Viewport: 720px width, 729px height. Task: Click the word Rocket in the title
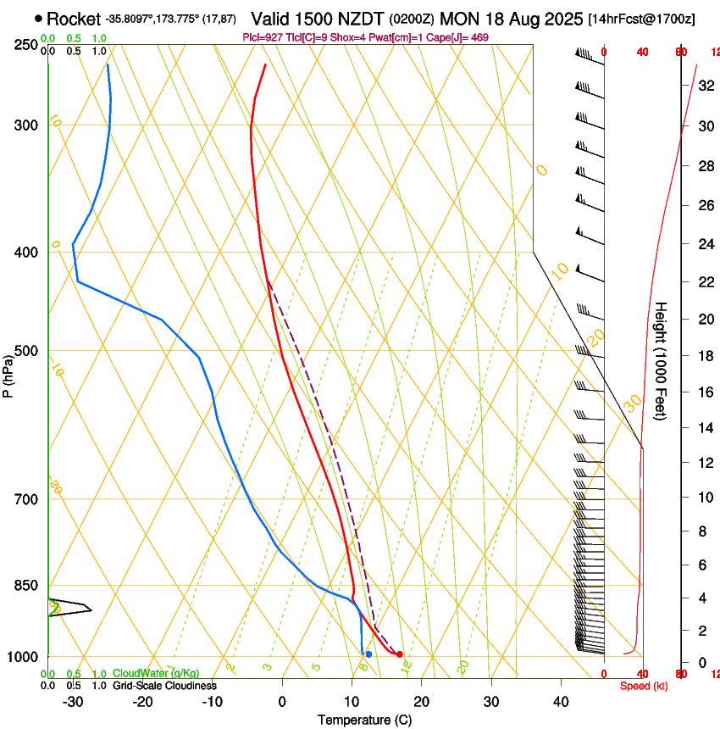[73, 19]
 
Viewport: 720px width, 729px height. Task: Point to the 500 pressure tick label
[26, 351]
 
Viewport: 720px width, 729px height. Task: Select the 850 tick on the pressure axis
[26, 585]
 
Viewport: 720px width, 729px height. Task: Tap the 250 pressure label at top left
[26, 44]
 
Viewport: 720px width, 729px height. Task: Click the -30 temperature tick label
[73, 701]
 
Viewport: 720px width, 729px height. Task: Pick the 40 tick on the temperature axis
[560, 701]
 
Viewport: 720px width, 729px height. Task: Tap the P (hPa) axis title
[8, 373]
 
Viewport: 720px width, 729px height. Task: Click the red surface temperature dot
[400, 654]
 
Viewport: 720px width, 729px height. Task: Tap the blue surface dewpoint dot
[368, 654]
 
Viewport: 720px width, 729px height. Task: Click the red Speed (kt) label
[643, 686]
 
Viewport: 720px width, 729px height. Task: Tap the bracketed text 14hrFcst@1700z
[641, 19]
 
